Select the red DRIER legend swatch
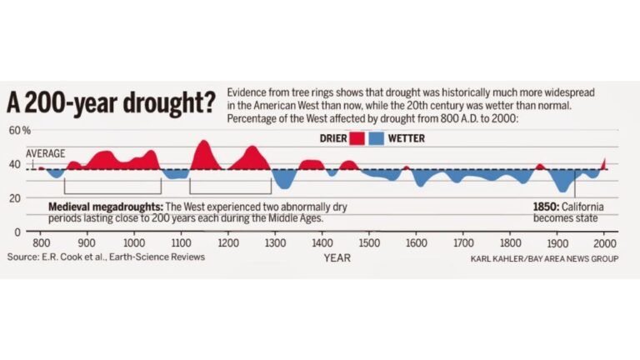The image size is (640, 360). click(x=357, y=138)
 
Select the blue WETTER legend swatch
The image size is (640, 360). click(x=377, y=138)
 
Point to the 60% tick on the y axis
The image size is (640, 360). click(x=19, y=131)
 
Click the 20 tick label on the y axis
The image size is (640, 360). click(x=15, y=197)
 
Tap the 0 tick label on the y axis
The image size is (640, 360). click(x=17, y=231)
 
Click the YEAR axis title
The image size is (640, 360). click(x=337, y=258)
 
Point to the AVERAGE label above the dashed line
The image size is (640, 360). click(x=46, y=154)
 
